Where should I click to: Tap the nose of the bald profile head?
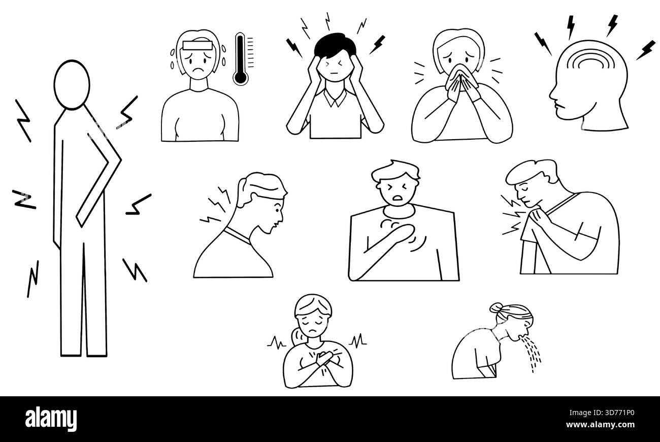[551, 97]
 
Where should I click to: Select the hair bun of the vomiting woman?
[497, 308]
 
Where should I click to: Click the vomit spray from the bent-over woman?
[533, 350]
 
